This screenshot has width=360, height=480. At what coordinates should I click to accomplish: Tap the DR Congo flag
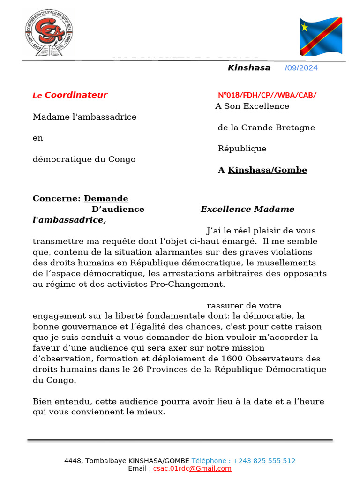click(321, 36)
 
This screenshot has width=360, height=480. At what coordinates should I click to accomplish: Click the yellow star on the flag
click(305, 27)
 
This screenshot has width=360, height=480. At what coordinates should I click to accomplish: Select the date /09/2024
click(301, 68)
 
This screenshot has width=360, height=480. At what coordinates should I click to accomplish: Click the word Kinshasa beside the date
click(249, 68)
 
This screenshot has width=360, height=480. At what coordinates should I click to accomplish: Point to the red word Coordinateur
click(76, 95)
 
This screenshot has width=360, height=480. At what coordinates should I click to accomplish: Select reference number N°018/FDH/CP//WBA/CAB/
click(267, 95)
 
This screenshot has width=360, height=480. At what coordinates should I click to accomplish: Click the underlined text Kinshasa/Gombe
click(267, 170)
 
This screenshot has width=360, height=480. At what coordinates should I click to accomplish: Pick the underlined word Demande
click(106, 199)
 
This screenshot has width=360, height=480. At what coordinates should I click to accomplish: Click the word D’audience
click(118, 210)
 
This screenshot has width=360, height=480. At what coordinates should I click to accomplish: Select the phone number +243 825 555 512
click(264, 461)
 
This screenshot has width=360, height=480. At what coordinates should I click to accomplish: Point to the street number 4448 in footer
click(73, 461)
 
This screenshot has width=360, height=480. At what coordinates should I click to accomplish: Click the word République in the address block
click(242, 149)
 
